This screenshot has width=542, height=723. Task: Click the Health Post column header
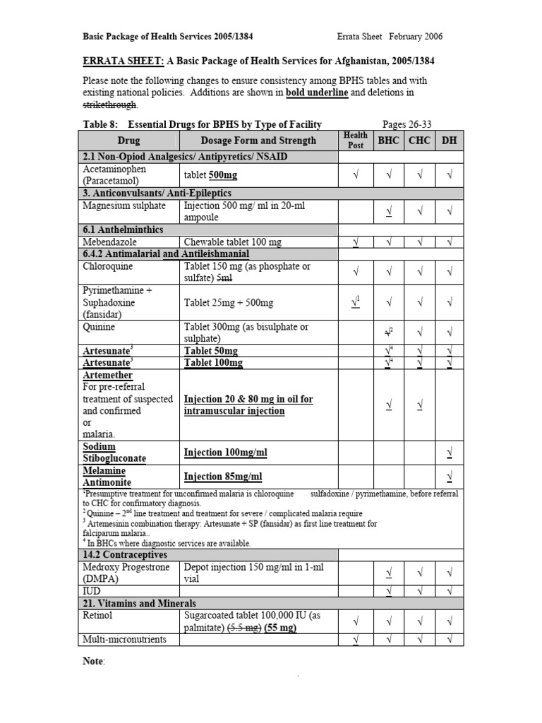point(356,140)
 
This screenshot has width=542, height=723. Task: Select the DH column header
point(449,141)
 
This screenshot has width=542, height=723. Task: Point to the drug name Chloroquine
point(109,266)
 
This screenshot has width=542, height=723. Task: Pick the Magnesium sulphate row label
point(124,205)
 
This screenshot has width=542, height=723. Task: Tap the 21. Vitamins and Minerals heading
point(140,604)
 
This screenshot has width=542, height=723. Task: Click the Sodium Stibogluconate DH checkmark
point(450,452)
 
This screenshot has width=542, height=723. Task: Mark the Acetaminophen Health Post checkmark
point(356,174)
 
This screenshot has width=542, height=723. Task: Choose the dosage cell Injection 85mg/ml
point(223,477)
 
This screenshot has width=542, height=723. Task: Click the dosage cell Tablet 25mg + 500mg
point(229,302)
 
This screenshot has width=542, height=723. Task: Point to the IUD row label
point(92,590)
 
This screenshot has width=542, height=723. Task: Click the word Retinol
point(98,616)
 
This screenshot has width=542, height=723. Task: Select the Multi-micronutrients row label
point(124,639)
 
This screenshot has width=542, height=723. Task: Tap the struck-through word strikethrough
point(110,105)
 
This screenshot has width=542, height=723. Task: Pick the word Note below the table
point(93,661)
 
